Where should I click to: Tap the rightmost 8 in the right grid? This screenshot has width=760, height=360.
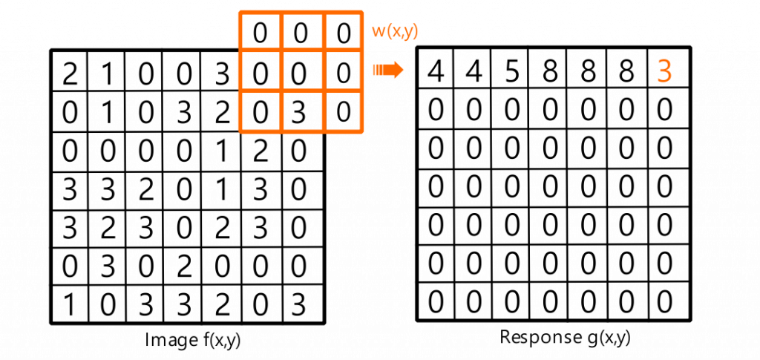pyautogui.click(x=627, y=73)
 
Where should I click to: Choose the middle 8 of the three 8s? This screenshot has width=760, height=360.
pyautogui.click(x=589, y=73)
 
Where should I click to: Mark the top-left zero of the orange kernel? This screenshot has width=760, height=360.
pyautogui.click(x=260, y=32)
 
